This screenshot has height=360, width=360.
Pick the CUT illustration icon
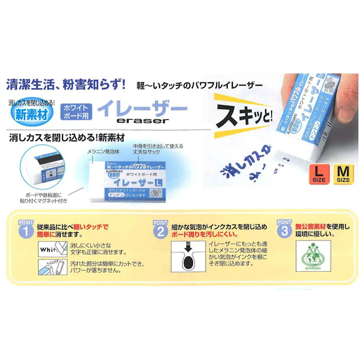[53, 267]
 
